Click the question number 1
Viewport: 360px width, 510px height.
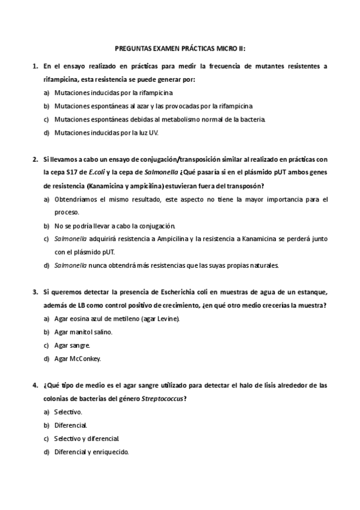click(x=35, y=66)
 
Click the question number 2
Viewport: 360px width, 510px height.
click(x=35, y=159)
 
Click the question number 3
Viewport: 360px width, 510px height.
click(x=35, y=292)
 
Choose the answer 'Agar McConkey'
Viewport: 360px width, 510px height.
click(x=78, y=359)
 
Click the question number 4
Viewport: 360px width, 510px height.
click(x=35, y=386)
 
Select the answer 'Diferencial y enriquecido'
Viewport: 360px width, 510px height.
click(x=91, y=452)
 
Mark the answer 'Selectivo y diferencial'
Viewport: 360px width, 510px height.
click(x=87, y=439)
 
